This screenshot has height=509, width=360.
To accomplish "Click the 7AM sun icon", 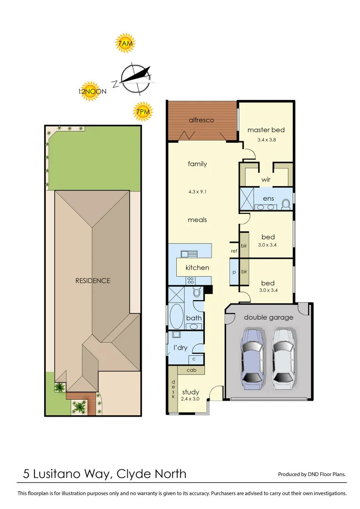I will [126, 44].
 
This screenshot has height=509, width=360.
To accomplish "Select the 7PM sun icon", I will [143, 112].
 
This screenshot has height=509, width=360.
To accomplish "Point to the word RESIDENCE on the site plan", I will [93, 280].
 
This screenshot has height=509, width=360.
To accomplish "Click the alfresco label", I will [201, 120].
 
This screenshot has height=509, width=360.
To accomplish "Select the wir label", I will [266, 180].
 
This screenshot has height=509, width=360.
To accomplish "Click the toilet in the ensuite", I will [285, 203].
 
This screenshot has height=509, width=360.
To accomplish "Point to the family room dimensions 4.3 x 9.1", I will [197, 192].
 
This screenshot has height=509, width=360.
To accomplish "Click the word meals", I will [197, 220].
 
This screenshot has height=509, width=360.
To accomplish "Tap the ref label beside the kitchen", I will [234, 251].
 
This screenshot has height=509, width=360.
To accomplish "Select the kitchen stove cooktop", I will [191, 279].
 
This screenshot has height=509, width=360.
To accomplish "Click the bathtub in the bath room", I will [177, 317].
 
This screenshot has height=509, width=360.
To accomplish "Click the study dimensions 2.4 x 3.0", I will [190, 399].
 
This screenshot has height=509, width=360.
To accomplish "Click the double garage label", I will [268, 317].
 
